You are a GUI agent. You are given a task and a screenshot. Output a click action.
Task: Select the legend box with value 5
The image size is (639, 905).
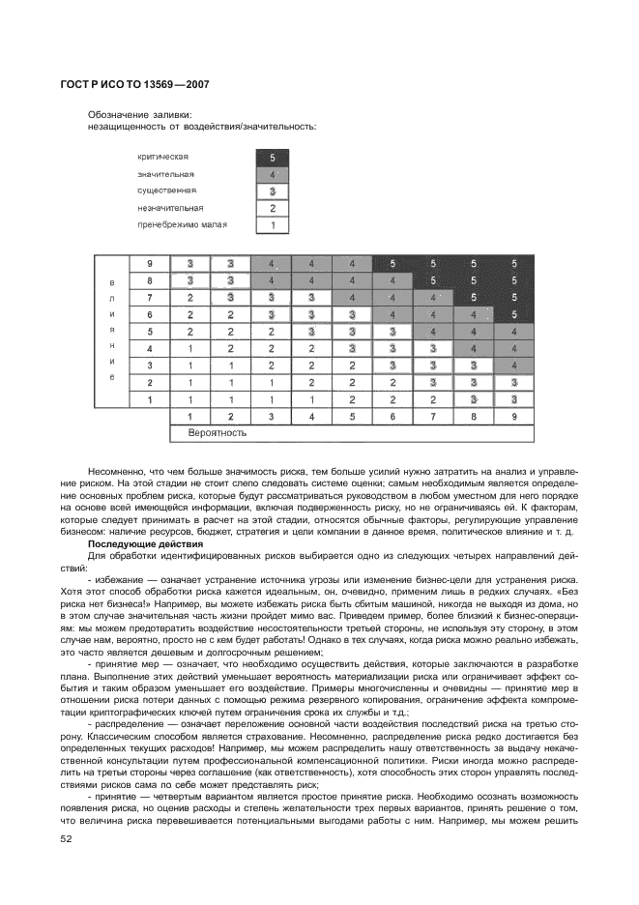point(273,157)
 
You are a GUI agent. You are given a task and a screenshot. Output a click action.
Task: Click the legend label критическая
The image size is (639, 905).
point(162,157)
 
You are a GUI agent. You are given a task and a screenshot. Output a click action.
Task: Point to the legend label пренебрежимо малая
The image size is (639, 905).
point(182,225)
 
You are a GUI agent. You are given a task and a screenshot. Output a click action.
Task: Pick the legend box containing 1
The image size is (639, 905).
point(273,225)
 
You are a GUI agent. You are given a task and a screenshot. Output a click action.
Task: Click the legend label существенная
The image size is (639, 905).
point(167,190)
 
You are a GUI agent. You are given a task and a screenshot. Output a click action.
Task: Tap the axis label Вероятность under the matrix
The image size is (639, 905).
point(216,434)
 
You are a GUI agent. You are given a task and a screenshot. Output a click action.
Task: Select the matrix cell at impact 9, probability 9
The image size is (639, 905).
point(514,264)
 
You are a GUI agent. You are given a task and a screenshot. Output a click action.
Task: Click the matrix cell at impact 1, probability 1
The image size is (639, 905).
point(190,398)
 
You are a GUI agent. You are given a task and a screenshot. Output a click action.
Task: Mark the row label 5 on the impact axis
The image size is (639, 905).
point(150,332)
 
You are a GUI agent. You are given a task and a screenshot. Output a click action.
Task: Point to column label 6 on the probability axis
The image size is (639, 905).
point(392,417)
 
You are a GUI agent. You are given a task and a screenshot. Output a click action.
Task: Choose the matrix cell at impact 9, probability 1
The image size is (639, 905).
point(190,264)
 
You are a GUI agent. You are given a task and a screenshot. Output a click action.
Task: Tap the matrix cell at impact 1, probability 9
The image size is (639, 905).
point(514,398)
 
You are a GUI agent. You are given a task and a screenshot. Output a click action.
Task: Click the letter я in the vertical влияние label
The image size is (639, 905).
point(112,331)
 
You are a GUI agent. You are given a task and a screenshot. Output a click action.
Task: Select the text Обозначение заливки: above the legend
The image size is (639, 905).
point(139,114)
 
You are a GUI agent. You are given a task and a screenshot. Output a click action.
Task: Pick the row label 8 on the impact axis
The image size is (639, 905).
point(150,280)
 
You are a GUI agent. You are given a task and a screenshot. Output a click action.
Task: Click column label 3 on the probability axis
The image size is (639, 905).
point(272,417)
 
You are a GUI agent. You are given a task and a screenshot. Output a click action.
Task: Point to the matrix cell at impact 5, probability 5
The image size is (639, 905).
point(352,332)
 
